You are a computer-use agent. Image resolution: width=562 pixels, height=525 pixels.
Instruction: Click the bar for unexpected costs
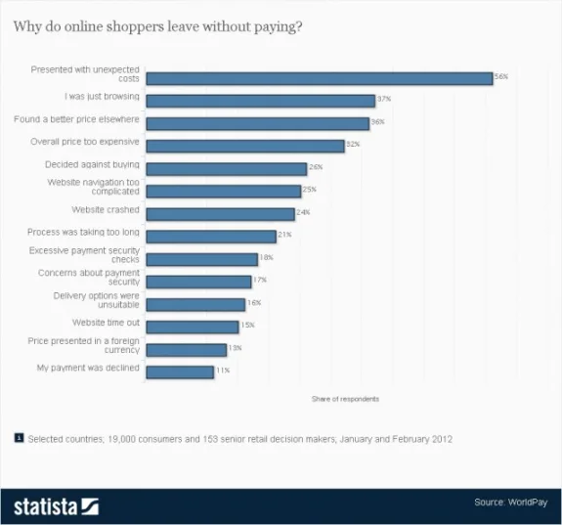click(319, 78)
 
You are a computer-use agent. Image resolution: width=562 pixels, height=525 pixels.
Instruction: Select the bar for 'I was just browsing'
click(260, 101)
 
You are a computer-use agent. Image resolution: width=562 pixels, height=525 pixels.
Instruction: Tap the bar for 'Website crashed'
click(220, 214)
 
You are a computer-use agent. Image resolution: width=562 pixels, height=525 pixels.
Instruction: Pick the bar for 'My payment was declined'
click(180, 372)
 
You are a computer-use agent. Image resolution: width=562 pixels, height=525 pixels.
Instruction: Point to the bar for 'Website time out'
click(192, 327)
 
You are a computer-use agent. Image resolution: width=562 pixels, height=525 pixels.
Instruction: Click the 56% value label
click(502, 76)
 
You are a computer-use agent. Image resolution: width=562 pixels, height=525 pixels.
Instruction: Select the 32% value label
click(353, 144)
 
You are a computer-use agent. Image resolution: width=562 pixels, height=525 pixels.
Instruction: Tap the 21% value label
click(284, 235)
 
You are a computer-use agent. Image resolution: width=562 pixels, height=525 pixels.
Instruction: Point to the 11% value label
click(222, 371)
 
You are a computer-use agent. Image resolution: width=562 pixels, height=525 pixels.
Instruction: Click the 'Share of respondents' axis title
click(345, 399)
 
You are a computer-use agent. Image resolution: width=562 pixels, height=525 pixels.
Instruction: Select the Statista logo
click(56, 505)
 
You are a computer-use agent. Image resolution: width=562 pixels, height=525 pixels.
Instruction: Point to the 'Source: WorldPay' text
click(504, 503)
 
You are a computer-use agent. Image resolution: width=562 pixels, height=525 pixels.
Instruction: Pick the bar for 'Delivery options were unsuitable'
click(195, 304)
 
